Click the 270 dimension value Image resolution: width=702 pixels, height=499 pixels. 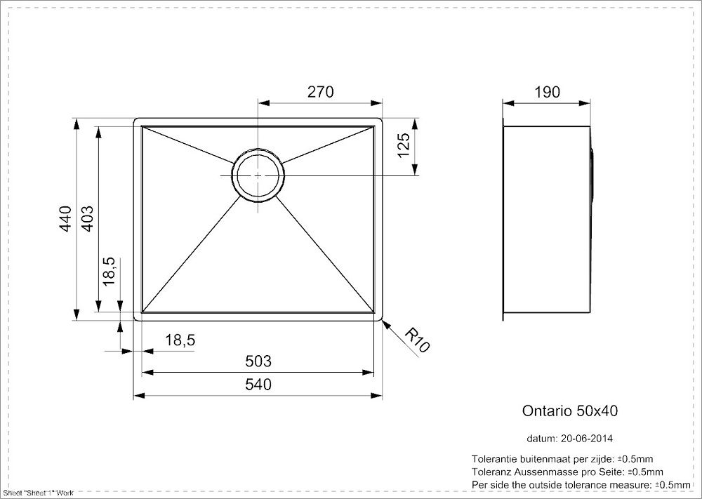pyautogui.click(x=320, y=92)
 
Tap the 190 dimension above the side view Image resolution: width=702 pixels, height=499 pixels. pyautogui.click(x=547, y=92)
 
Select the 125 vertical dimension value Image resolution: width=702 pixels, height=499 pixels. pyautogui.click(x=404, y=145)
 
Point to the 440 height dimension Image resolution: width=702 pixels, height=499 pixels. pyautogui.click(x=65, y=218)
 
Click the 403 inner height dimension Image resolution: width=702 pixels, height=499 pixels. pyautogui.click(x=88, y=218)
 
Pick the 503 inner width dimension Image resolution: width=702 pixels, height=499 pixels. pyautogui.click(x=258, y=361)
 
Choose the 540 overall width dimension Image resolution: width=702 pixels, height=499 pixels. pyautogui.click(x=258, y=385)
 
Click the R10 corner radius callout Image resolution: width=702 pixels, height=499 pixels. pyautogui.click(x=417, y=340)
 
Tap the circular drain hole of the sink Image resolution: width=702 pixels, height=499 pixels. pyautogui.click(x=258, y=175)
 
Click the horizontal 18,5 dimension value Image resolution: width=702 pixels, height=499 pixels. pyautogui.click(x=180, y=340)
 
